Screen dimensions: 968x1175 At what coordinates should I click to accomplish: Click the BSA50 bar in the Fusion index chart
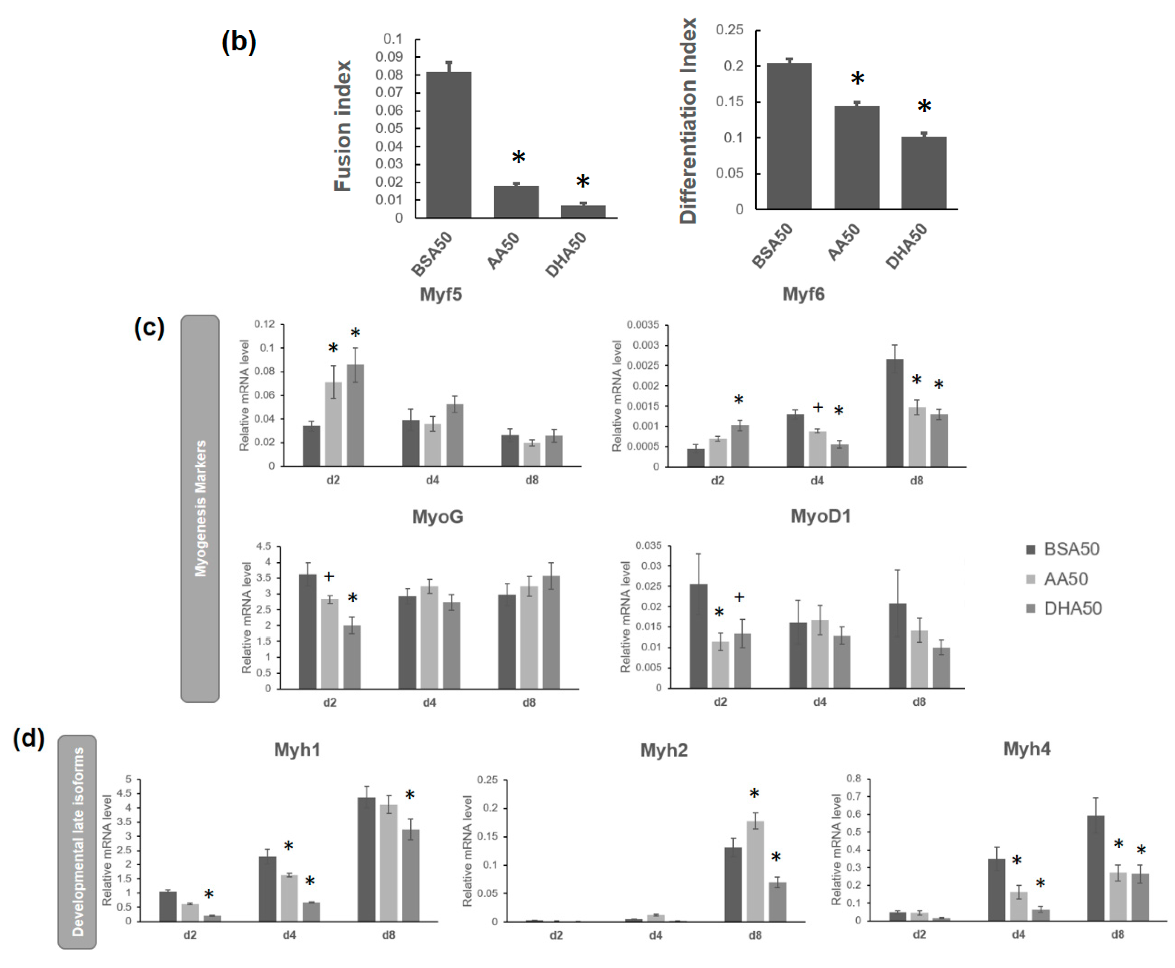click(449, 145)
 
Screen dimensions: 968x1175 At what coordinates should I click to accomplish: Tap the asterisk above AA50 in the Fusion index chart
click(518, 157)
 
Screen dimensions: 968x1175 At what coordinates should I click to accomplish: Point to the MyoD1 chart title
click(820, 516)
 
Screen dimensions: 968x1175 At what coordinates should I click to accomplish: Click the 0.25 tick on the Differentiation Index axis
click(730, 30)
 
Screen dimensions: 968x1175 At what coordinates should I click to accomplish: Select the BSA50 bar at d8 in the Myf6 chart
click(895, 413)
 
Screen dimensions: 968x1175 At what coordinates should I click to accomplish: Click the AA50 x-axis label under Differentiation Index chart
click(843, 242)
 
